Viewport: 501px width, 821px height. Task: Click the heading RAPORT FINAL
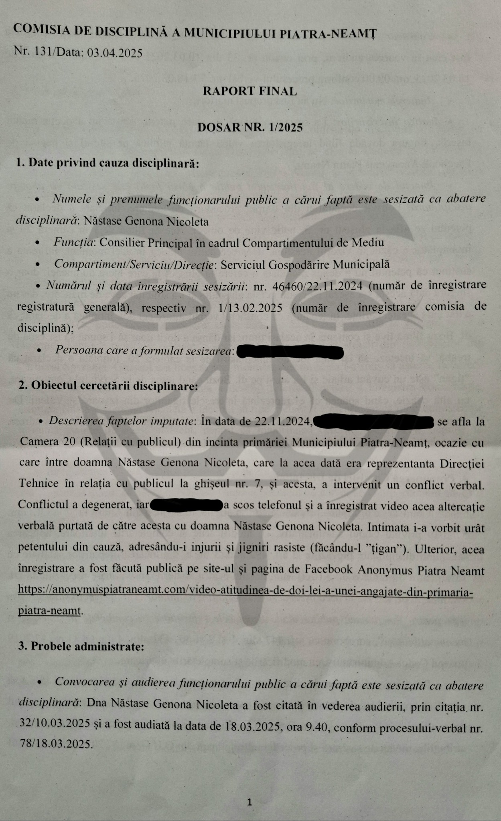(249, 91)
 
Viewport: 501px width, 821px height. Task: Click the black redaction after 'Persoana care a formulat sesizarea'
(290, 352)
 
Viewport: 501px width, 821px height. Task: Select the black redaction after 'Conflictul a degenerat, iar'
(186, 506)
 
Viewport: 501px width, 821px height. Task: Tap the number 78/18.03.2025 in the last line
(55, 744)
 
